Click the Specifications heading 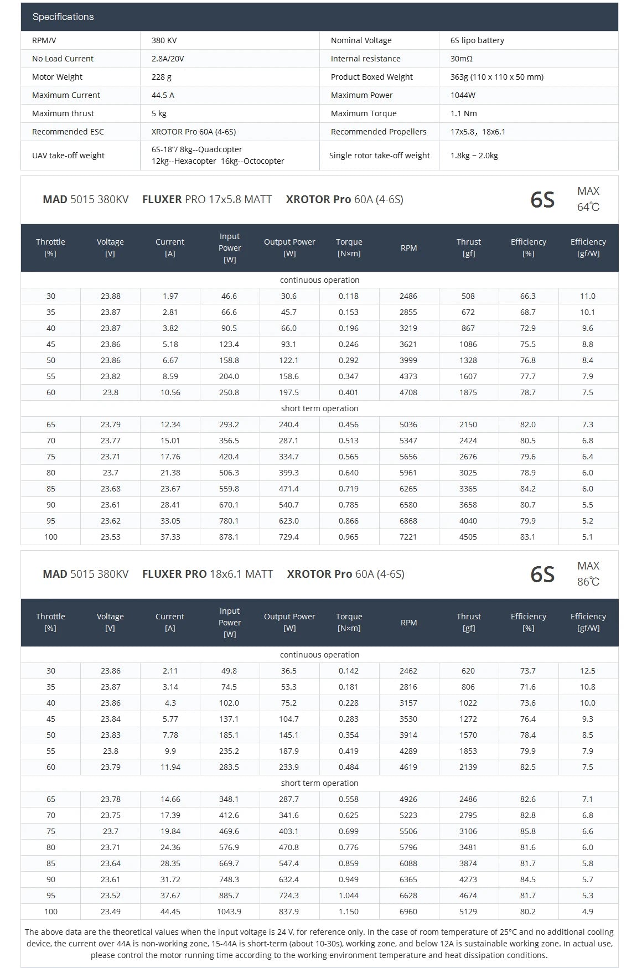tap(63, 17)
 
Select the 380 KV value tap(164, 40)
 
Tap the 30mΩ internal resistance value tap(461, 59)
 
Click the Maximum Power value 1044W tap(463, 95)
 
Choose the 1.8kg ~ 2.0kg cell tap(474, 156)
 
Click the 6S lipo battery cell tap(477, 40)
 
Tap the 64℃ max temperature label tap(588, 207)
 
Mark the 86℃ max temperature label tap(588, 582)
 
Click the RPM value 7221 tap(408, 537)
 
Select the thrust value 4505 tap(468, 537)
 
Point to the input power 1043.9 tap(229, 912)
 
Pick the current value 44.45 tap(170, 912)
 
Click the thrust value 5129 tap(468, 912)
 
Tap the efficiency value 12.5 tap(588, 671)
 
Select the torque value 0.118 tap(349, 296)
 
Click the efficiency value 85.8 tap(528, 831)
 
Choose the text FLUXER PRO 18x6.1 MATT tap(208, 574)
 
